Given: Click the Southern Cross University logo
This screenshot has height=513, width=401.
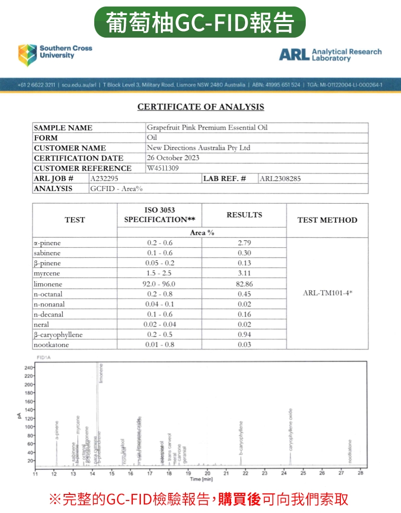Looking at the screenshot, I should pos(55,54).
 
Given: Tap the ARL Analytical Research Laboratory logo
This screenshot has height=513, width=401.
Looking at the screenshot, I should pos(330,55).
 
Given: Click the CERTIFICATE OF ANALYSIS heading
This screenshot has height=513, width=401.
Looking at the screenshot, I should pos(200,107).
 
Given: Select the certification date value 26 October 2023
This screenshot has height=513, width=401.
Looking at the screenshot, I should pos(173,158).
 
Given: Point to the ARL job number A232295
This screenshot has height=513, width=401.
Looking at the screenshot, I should pos(105,179).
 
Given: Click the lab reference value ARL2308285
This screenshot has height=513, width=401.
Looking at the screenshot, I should pos(280,179).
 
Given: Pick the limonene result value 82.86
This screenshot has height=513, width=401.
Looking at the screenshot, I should pos(244,284).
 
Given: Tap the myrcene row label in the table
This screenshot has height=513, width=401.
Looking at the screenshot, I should pos(47,273).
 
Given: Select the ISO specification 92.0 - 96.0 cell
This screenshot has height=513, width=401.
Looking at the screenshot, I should pos(159,284).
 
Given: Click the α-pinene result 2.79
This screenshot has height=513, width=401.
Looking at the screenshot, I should pos(244,243).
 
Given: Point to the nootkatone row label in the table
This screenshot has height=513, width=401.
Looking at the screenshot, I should pos(51,345).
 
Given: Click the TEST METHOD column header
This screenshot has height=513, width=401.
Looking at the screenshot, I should pos(327,220).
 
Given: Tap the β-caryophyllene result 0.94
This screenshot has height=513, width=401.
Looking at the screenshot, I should pos(244,334).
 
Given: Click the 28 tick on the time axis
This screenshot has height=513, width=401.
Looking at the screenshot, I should pos(360,473).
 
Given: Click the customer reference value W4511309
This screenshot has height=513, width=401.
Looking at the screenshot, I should pos(163,168).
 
